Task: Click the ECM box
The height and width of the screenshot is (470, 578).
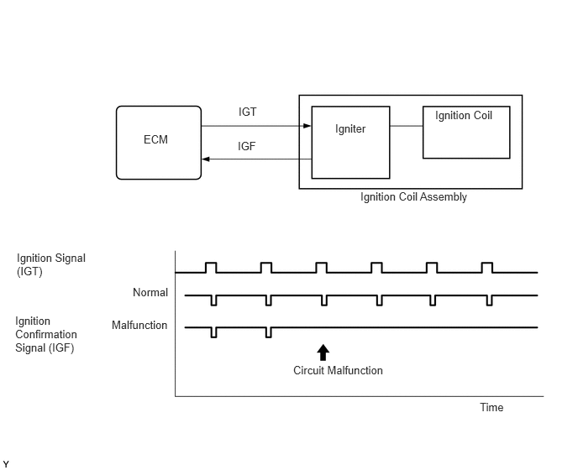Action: coord(158,142)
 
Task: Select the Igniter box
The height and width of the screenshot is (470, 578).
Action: coord(350,142)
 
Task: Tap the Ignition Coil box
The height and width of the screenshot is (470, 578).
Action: coord(465,132)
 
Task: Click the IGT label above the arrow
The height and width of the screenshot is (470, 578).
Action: coord(248,112)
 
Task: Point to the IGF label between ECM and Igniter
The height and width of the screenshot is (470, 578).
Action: coord(247,146)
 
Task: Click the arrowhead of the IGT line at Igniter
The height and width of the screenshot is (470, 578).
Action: coord(307,127)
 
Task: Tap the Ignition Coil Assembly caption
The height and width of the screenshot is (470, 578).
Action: coord(413,197)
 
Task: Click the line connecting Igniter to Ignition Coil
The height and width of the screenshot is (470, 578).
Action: coord(406,127)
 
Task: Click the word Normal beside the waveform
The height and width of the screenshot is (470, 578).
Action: coord(150,293)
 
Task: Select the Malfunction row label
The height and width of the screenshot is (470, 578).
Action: coord(139,325)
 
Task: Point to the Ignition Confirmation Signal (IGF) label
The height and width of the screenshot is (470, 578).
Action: coord(46,334)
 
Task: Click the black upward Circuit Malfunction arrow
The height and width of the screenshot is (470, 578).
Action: coord(323,352)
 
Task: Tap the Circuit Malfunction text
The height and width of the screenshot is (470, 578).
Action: coord(338,370)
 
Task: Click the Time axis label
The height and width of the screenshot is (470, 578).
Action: coord(491,407)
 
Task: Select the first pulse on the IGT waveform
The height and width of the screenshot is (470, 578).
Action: coord(211,267)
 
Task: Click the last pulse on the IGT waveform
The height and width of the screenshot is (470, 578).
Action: coord(487,267)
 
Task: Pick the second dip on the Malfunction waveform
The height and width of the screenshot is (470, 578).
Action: coord(268,332)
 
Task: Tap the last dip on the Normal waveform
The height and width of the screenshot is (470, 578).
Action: coord(491,300)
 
